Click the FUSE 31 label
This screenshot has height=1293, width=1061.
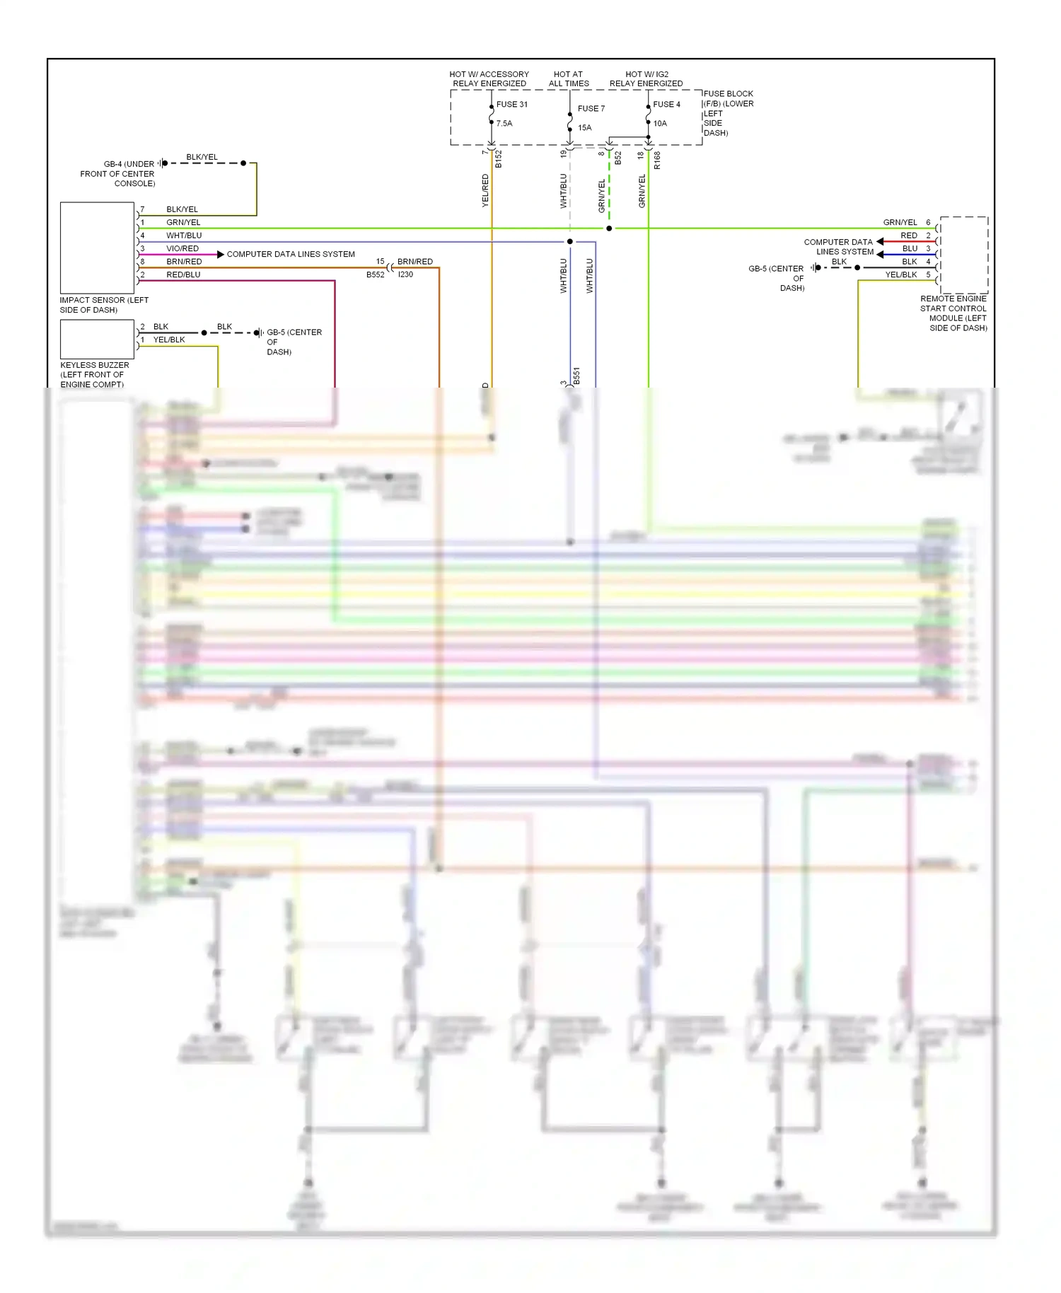[x=511, y=104]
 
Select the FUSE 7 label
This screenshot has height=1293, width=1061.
[x=591, y=108]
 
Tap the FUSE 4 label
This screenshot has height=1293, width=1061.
[x=666, y=104]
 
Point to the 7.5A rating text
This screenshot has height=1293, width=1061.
[x=504, y=123]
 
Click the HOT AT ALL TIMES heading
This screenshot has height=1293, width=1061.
[x=569, y=79]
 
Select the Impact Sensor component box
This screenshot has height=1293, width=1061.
[x=97, y=248]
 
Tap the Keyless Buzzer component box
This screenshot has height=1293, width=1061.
[x=97, y=339]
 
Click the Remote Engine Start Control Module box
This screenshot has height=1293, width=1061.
[x=963, y=255]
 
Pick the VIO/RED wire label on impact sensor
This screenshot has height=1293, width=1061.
[x=182, y=248]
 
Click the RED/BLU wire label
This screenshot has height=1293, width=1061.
[x=183, y=274]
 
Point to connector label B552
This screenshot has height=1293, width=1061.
[x=375, y=274]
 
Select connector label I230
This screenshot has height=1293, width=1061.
[x=405, y=274]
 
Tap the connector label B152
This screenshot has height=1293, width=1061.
[x=499, y=159]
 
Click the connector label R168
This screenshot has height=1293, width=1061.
[x=657, y=161]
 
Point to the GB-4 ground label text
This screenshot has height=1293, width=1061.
[x=117, y=173]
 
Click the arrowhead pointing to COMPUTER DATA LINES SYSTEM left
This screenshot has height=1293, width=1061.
[x=221, y=254]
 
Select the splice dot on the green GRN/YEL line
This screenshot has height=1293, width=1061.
[x=609, y=228]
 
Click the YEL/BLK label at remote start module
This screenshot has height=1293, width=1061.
[x=900, y=274]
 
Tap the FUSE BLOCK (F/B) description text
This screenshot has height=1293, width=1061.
[x=728, y=113]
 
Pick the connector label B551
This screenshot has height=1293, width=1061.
[x=576, y=376]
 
